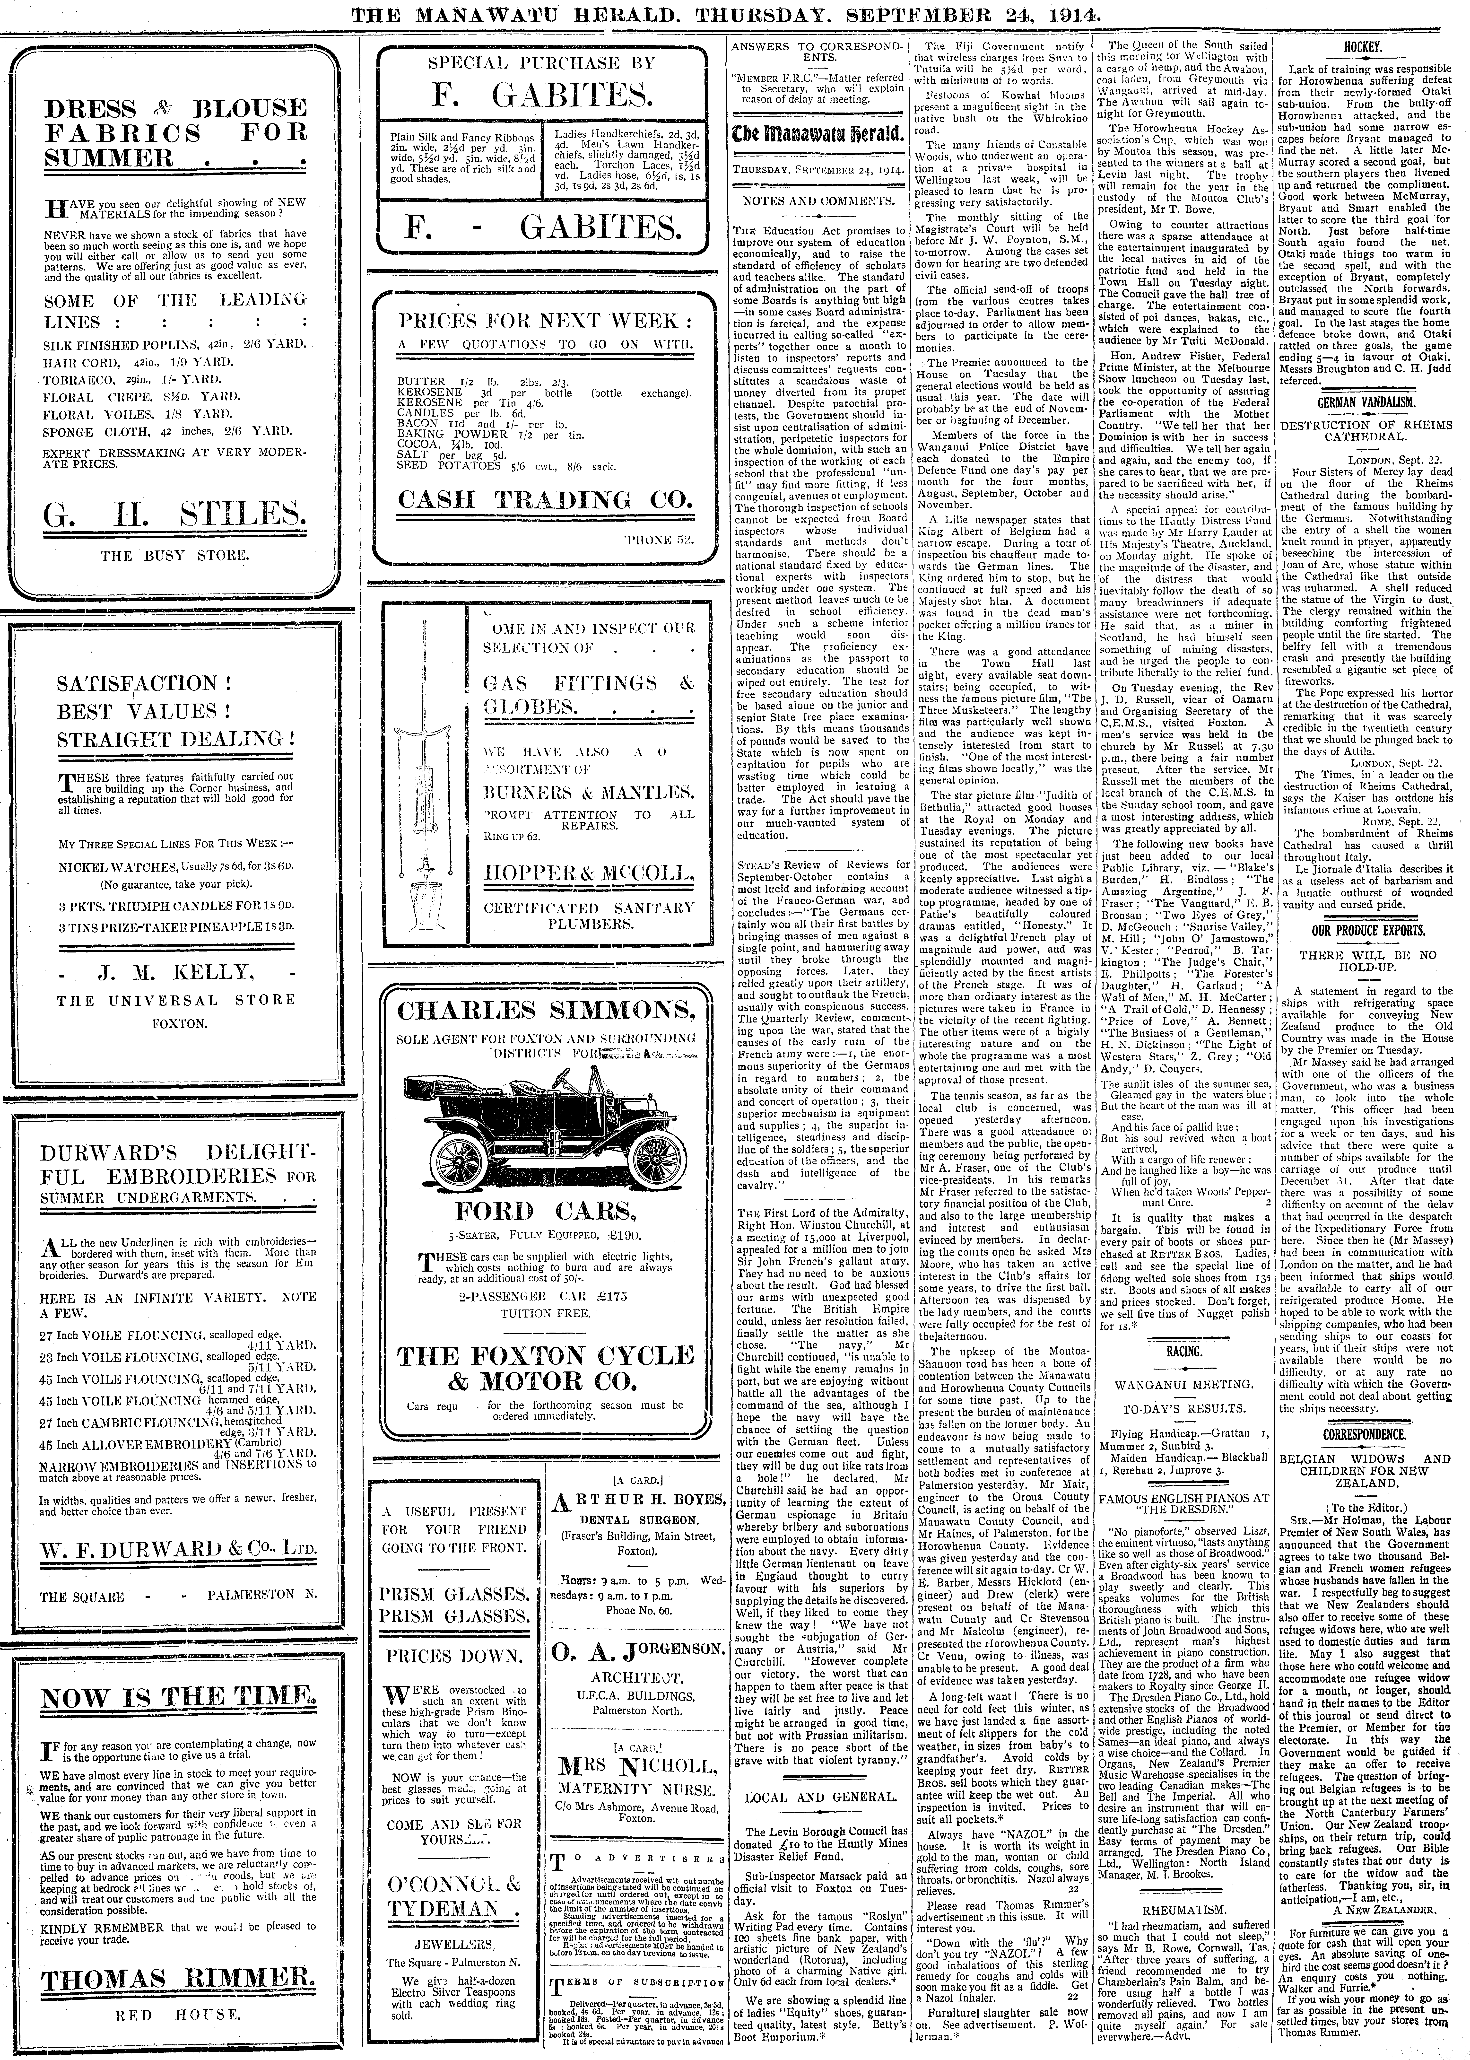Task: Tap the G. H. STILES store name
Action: point(175,518)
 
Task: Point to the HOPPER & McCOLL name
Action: point(589,873)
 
